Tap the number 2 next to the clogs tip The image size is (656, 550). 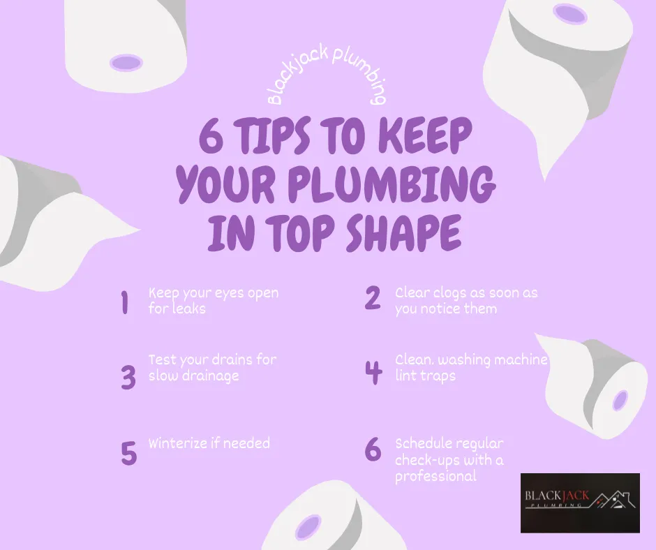click(x=373, y=298)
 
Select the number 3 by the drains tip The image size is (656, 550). click(x=128, y=377)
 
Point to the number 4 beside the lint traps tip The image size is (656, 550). click(x=374, y=372)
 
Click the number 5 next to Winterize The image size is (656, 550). click(x=128, y=452)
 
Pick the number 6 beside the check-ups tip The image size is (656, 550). click(x=373, y=450)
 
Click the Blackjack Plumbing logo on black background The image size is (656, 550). click(x=580, y=503)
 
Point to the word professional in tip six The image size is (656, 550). click(x=435, y=477)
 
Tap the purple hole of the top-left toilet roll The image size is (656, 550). click(x=126, y=61)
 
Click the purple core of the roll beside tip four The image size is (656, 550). click(x=620, y=401)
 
